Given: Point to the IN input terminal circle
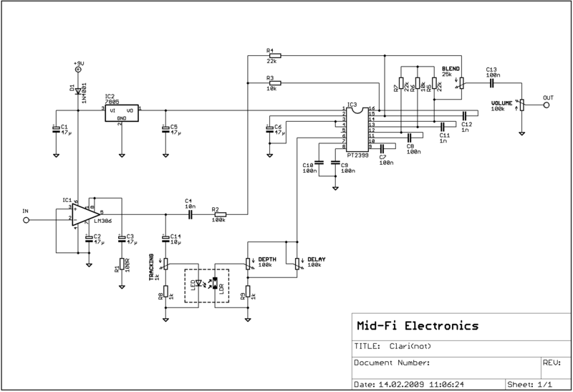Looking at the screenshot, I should (x=27, y=221).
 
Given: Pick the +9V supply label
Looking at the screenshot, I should (x=78, y=64).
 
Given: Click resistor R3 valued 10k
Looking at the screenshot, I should (x=274, y=83).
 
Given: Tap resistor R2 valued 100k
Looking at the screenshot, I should (x=218, y=214).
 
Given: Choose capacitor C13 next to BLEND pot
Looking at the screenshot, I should (x=492, y=82).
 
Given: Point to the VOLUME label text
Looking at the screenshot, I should (x=501, y=103).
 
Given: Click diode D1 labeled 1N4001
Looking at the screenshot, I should (x=78, y=91).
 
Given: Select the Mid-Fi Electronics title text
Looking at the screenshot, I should (x=415, y=326).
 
